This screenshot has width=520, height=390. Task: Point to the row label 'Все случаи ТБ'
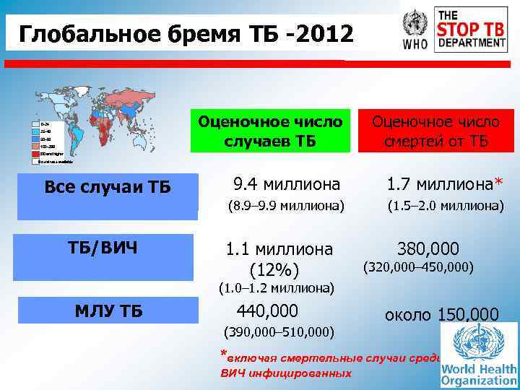[108, 187]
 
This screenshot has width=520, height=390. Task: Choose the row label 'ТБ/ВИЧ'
[107, 248]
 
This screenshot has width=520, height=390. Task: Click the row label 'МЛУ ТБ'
[109, 311]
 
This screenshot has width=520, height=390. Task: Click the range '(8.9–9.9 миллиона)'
[285, 206]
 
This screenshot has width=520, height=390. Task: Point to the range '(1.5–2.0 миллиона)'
[445, 206]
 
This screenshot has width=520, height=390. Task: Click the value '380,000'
[428, 249]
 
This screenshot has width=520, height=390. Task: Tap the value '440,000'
[268, 311]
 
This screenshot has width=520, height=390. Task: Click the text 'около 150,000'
[441, 315]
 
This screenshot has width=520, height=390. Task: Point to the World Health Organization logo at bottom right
[479, 355]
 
